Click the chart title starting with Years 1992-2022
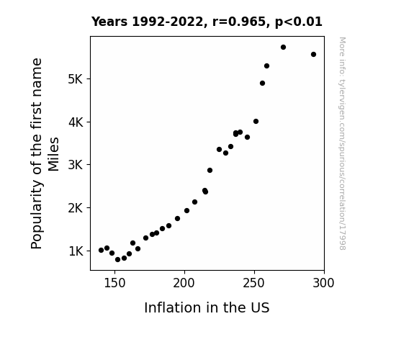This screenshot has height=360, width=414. [207, 22]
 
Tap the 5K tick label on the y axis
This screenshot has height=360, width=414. [76, 79]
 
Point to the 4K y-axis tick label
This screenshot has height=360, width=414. [76, 122]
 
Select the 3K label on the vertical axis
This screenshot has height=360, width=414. [76, 165]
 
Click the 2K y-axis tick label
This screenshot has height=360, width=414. [76, 208]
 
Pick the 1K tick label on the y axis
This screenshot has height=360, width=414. [76, 251]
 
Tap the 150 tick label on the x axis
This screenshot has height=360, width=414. [114, 283]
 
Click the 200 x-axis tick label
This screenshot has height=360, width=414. [184, 283]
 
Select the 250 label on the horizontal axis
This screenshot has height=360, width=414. [254, 283]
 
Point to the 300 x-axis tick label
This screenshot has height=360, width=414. [324, 283]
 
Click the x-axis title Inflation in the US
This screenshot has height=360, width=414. [207, 307]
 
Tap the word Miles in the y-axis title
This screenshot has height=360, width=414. [53, 154]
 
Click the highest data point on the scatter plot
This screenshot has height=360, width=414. [283, 48]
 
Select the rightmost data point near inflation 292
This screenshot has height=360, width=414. [313, 55]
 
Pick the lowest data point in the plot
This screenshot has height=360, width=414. [118, 260]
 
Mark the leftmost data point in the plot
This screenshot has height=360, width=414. [101, 250]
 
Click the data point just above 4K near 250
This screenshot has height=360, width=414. [256, 122]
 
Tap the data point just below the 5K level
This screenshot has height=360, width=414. [262, 84]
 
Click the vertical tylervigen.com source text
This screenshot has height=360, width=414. [343, 143]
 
